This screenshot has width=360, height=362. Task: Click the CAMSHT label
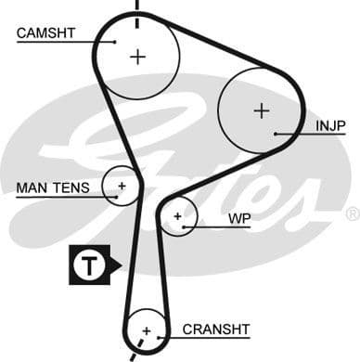(x=45, y=34)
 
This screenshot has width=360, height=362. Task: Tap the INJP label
(x=330, y=124)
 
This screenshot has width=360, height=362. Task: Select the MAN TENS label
(x=53, y=188)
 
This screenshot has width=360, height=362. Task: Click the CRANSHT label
(x=216, y=329)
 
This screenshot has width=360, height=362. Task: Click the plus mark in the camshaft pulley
(x=138, y=57)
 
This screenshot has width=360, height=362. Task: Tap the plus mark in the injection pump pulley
(x=262, y=110)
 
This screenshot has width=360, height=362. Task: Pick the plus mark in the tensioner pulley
(x=121, y=186)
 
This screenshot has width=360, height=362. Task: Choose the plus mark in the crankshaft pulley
(x=146, y=330)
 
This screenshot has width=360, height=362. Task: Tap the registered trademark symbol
(x=352, y=214)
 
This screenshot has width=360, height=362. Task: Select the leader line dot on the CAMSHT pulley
(x=115, y=41)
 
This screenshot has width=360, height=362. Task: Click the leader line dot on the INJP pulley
(x=276, y=134)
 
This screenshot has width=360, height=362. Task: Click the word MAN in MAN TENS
(x=32, y=188)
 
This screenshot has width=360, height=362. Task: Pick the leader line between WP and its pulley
(x=203, y=226)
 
